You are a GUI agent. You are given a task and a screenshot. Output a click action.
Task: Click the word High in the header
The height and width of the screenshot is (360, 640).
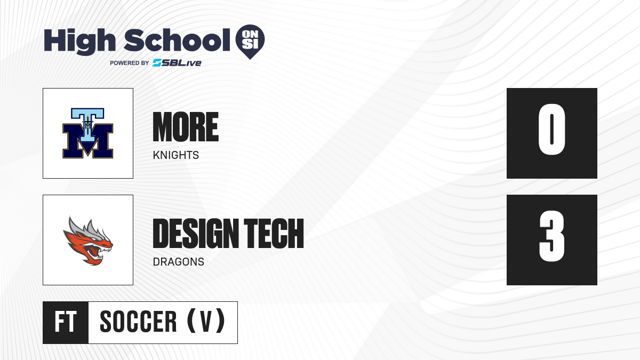coord(80,41)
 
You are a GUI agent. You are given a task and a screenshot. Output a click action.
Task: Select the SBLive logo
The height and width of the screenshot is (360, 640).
coord(177,63)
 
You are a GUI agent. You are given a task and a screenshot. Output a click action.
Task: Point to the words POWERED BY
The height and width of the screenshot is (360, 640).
coord(130,63)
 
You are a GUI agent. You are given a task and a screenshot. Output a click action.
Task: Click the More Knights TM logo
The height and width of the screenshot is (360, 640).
coord(87,133)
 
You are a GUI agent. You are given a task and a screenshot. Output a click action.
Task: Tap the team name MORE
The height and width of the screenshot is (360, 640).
coord(186,127)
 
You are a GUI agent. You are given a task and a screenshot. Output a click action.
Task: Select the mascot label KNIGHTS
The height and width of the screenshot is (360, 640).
coord(175,155)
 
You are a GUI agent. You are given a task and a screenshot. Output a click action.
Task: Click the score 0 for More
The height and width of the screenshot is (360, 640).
coord(551,130)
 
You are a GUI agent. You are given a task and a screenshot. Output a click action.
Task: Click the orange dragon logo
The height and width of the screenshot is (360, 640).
coord(88,241)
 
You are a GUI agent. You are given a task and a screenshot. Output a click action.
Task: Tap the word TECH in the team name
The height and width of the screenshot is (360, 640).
coord(274,234)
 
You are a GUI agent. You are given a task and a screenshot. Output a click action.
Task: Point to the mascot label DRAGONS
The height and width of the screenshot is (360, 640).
coord(178,262)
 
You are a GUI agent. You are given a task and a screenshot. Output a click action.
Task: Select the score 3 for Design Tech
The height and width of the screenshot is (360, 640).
coord(551,236)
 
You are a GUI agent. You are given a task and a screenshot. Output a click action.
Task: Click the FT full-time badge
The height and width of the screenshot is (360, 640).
coord(66,323)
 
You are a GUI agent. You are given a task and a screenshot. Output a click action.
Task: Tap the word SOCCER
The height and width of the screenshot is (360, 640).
coord(138,322)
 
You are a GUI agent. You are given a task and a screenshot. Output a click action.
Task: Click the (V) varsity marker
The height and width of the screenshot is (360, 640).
coord(206,321)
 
